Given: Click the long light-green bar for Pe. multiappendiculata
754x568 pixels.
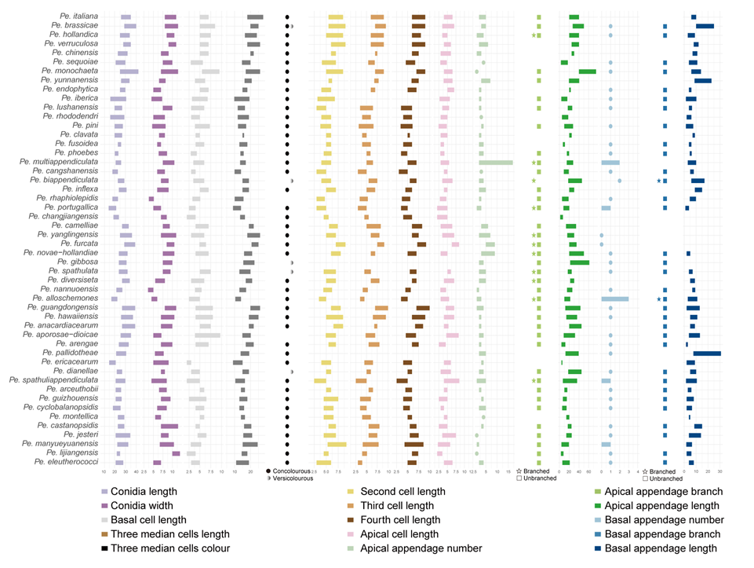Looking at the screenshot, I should click(496, 163).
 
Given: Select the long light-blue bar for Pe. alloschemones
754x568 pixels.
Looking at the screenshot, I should click(615, 299).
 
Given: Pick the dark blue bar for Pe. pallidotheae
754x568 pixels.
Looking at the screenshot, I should click(706, 354).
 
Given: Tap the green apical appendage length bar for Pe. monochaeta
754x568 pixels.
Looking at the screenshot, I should click(587, 71).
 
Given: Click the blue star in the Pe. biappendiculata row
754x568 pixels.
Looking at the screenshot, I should click(658, 181).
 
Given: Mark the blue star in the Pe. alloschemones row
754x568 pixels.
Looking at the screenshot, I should click(658, 299).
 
